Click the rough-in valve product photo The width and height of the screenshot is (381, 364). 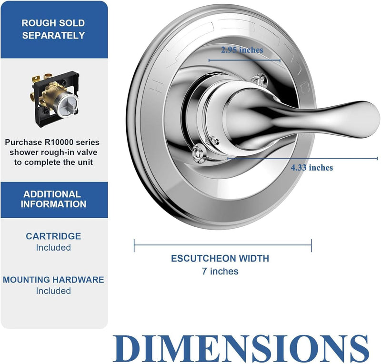(55, 99)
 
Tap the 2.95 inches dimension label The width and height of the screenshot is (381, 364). (242, 50)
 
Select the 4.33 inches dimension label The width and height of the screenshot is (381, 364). (312, 168)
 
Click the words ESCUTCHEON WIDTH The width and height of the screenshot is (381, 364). (220, 258)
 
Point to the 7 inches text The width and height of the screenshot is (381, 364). (220, 271)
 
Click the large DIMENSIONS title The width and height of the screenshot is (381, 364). (241, 348)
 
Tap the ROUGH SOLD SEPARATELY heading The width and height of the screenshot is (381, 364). (53, 29)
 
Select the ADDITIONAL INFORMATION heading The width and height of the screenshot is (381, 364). (53, 199)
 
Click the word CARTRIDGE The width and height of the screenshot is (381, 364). (53, 236)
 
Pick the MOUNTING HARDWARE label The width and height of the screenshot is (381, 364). (53, 280)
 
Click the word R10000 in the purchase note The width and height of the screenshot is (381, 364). (58, 142)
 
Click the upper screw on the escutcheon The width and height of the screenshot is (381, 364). (259, 80)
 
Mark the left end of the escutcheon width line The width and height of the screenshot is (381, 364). (134, 245)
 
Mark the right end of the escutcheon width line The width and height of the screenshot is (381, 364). (311, 245)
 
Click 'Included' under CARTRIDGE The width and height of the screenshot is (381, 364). (53, 248)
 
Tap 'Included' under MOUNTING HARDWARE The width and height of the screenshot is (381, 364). (53, 291)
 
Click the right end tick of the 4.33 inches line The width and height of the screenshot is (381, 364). (377, 159)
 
